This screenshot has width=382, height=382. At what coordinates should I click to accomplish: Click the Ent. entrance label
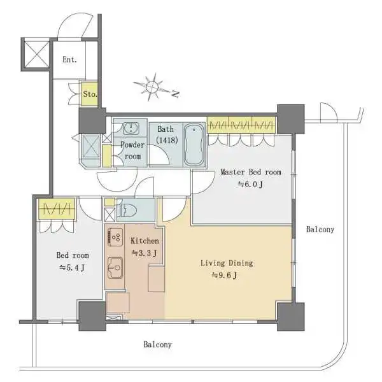point(69,59)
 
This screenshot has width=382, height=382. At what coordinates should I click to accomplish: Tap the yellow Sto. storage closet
point(89,94)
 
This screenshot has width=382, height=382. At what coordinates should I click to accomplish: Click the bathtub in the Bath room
point(194,145)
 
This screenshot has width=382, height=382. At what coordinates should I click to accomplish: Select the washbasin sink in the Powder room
point(131,129)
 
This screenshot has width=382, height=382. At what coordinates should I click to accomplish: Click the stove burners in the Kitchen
point(115,237)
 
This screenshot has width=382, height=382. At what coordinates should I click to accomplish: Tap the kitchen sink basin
point(115,268)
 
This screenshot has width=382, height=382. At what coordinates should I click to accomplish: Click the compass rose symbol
point(152,87)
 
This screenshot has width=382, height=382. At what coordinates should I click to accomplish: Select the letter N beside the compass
point(176,94)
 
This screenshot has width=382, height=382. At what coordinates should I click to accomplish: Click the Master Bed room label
point(251,172)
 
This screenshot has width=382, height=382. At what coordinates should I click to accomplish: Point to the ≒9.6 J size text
point(224,276)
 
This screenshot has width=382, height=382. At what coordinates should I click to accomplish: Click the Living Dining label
point(227,263)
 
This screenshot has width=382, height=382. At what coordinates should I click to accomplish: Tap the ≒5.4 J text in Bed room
point(73,268)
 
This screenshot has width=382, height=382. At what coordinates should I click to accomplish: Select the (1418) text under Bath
point(167,140)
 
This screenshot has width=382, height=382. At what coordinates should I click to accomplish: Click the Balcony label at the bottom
point(158,344)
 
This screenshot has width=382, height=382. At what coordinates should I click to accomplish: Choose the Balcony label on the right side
point(320,229)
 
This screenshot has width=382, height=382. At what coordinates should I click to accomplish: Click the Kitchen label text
point(145,241)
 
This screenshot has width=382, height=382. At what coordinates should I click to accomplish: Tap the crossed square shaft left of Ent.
point(37,54)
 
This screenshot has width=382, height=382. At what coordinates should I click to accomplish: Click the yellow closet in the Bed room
point(57,209)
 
